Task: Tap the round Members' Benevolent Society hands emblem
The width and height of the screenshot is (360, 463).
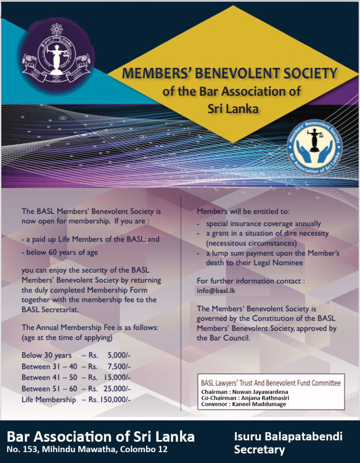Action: click(x=315, y=147)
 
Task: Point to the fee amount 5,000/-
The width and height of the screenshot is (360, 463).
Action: click(x=119, y=355)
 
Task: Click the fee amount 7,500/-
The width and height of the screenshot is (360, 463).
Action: click(x=119, y=366)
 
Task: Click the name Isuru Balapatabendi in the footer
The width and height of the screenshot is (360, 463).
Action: click(x=288, y=436)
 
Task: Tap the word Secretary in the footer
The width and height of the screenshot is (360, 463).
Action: click(x=259, y=449)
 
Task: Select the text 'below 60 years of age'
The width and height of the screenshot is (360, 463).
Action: click(x=59, y=252)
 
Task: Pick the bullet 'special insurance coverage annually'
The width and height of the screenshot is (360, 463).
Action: click(x=263, y=223)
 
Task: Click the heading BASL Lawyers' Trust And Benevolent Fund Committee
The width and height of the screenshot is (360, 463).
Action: click(x=270, y=383)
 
